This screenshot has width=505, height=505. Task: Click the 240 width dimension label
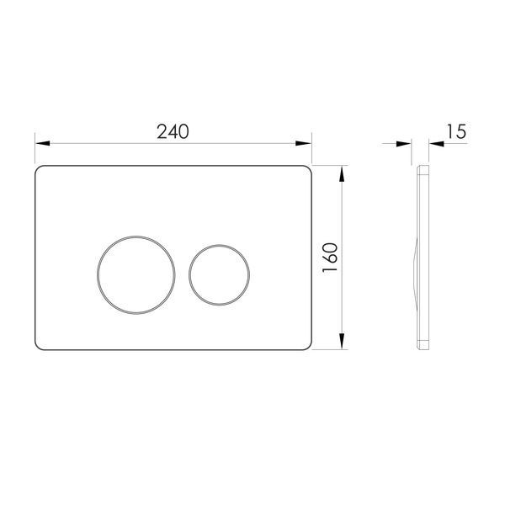coord(173,132)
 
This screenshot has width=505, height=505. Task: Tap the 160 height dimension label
coord(331,258)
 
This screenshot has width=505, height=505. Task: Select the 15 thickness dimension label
coord(456,131)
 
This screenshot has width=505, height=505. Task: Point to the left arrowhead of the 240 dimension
coord(43,143)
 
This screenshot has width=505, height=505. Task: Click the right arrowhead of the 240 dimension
coord(303,143)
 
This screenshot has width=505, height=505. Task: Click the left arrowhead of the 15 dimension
coord(403,144)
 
